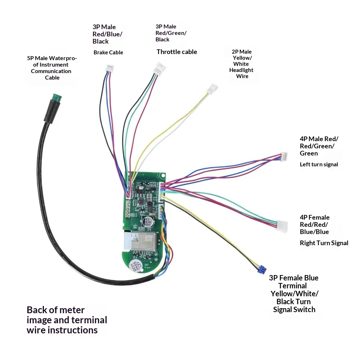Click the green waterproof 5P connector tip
pos(57,98)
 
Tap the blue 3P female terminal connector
pos(262,269)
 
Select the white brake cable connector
pos(110,68)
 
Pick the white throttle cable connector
pos(161,68)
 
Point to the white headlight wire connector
pos(212,89)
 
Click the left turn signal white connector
pos(284,157)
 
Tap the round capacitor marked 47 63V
pos(148,222)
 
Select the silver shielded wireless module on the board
pos(143,241)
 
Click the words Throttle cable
pos(177,52)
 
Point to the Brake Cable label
pos(108,52)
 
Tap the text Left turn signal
pos(319,165)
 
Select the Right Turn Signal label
pos(324,243)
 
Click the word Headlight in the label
pos(241,70)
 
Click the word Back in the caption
pos(37,310)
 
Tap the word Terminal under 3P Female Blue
pos(292,286)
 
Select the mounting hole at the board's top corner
pos(163,176)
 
